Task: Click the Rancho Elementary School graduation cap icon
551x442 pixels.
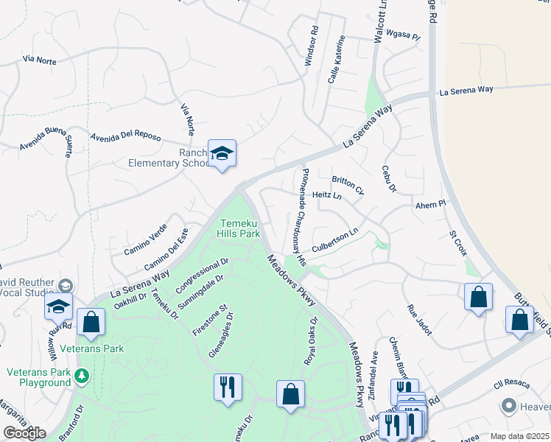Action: (222, 153)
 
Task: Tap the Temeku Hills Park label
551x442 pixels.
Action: (239, 228)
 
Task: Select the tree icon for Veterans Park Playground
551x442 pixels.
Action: (81, 377)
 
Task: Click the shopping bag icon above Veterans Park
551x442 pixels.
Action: (91, 322)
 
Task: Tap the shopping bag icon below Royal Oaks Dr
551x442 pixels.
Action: (291, 393)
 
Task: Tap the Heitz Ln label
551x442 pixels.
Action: (327, 196)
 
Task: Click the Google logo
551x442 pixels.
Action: (24, 433)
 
